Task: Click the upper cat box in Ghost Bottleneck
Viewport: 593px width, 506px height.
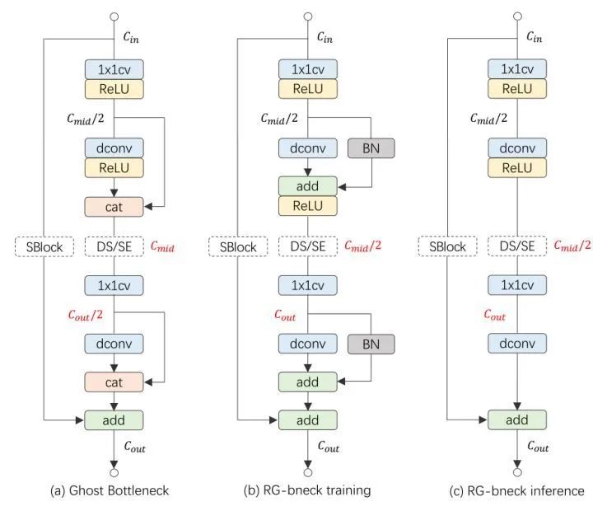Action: click(x=114, y=206)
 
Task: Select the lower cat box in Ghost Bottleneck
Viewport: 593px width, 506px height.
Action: click(x=114, y=381)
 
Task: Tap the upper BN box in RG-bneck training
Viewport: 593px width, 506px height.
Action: click(x=371, y=148)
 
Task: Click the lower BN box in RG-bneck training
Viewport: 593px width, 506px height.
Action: click(x=371, y=343)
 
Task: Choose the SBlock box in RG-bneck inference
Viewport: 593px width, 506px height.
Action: click(x=445, y=246)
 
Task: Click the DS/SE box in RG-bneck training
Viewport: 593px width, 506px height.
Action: click(x=308, y=246)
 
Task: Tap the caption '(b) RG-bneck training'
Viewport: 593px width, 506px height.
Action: click(x=308, y=490)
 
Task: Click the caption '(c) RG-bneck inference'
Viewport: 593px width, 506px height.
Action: click(x=516, y=490)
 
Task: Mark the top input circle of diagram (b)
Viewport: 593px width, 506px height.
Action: click(x=308, y=15)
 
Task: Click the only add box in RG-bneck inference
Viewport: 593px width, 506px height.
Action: click(x=517, y=419)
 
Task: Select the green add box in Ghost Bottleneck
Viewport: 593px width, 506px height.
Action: click(x=114, y=419)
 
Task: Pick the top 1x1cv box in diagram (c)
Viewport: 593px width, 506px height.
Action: click(x=517, y=69)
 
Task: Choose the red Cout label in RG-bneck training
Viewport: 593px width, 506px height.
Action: click(x=286, y=314)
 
